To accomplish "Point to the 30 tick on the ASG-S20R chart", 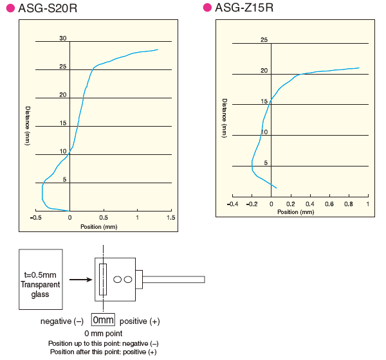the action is tap(63, 39).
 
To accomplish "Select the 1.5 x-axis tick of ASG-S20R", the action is tap(170, 218).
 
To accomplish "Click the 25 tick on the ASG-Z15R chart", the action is tap(264, 40).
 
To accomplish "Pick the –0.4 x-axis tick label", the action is tap(233, 204).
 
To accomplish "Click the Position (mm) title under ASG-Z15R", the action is tap(296, 212).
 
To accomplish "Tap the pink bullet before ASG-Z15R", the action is tap(207, 8).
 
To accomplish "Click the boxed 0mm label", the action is tap(103, 320).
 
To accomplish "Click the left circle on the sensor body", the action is tap(118, 280).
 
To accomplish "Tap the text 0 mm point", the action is tap(103, 334).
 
